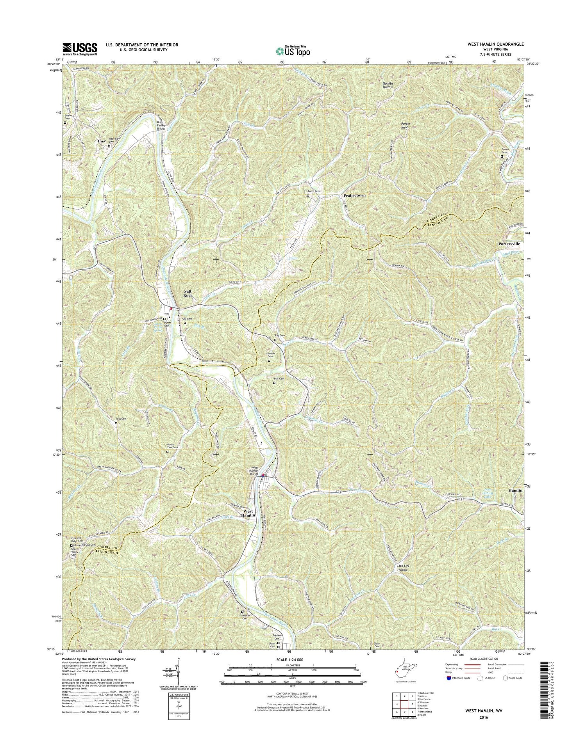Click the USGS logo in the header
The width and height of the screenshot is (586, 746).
80,49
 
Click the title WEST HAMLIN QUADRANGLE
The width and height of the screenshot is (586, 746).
495,44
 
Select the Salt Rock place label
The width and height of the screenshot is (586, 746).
188,293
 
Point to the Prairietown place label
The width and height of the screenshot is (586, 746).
354,195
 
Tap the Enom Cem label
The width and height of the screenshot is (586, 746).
313,191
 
